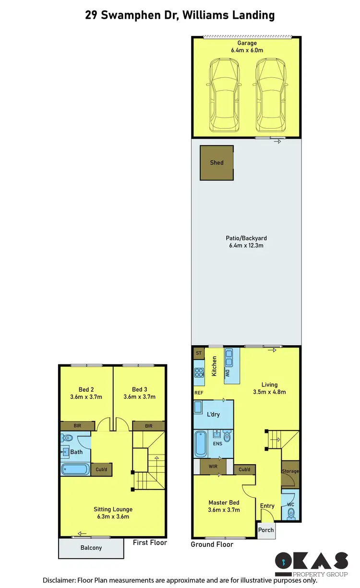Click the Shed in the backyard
pyautogui.click(x=217, y=163)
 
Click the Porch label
pyautogui.click(x=266, y=530)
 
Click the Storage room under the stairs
pyautogui.click(x=290, y=471)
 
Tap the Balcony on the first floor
pyautogui.click(x=91, y=548)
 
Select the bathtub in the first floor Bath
pyautogui.click(x=76, y=469)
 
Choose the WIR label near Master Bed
pyautogui.click(x=213, y=465)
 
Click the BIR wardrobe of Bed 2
pyautogui.click(x=77, y=426)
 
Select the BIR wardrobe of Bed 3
pyautogui.click(x=148, y=426)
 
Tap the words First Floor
pyautogui.click(x=151, y=542)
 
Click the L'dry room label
pyautogui.click(x=213, y=414)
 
